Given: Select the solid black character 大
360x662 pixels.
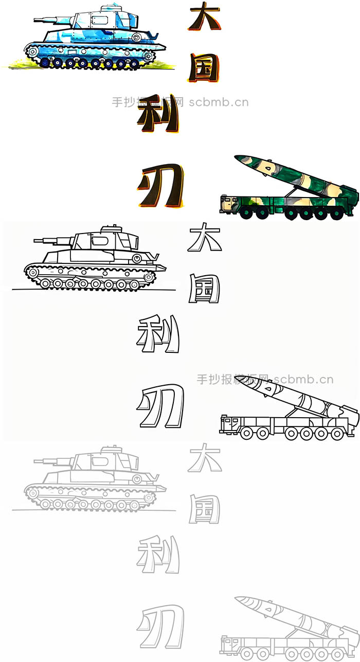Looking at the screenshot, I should coord(204,18).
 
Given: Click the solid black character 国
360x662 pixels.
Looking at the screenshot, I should coord(204,68).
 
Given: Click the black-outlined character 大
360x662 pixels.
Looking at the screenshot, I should coord(205,238).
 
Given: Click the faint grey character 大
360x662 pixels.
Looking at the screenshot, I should coord(205,458).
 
